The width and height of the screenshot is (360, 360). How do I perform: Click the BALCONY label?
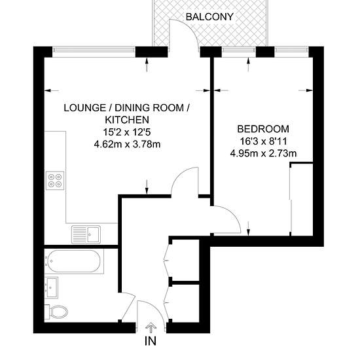(x=209, y=17)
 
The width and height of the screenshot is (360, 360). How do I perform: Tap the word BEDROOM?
(x=263, y=129)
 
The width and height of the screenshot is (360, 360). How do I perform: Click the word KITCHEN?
(x=127, y=120)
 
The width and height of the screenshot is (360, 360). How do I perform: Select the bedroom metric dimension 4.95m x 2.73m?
(x=263, y=153)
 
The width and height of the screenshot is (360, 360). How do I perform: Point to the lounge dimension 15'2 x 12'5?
(x=127, y=132)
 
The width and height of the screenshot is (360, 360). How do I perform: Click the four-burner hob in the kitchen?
(x=55, y=181)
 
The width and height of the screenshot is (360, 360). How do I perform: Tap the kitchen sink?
(x=86, y=234)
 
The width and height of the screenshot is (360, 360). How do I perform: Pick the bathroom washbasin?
(x=52, y=287)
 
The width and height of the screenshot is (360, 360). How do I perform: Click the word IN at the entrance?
(x=151, y=341)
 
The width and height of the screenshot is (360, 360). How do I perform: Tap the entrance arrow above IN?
(x=150, y=328)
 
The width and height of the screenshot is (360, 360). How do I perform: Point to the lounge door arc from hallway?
(x=179, y=175)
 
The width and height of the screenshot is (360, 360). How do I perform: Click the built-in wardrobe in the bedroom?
(x=302, y=199)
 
